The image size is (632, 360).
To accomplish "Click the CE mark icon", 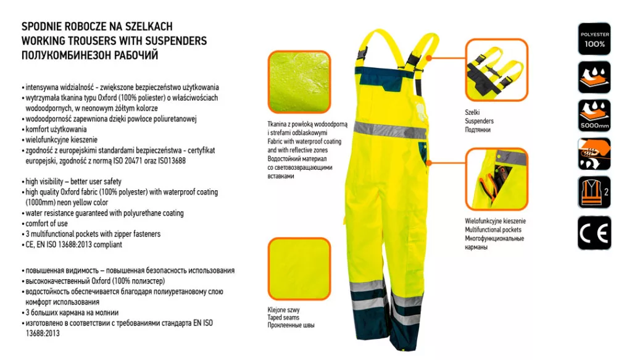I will tap(594, 233).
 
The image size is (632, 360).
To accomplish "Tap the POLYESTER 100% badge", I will tap(594, 39).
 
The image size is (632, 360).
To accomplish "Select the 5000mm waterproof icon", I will tap(594, 115).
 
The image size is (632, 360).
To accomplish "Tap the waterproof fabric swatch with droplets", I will tap(299, 82).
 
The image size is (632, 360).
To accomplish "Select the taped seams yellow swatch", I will tap(299, 269).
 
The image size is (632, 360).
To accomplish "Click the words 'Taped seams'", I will tap(283, 317).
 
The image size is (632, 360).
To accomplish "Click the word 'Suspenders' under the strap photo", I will tap(479, 121).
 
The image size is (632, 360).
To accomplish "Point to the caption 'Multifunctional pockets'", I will tap(493, 230).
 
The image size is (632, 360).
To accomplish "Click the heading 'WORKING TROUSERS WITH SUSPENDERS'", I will tap(114, 41).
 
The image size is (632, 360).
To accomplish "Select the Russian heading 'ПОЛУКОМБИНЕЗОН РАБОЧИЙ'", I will tap(90, 56).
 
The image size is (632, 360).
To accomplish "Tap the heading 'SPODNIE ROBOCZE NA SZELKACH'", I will tap(97, 27).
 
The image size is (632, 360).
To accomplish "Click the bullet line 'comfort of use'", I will tap(46, 224).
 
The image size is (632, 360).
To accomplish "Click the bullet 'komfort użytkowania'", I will tap(56, 130).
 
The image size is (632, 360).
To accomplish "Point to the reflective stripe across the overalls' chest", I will tap(389, 130).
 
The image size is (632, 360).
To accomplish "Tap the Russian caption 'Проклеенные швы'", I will tap(291, 325).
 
